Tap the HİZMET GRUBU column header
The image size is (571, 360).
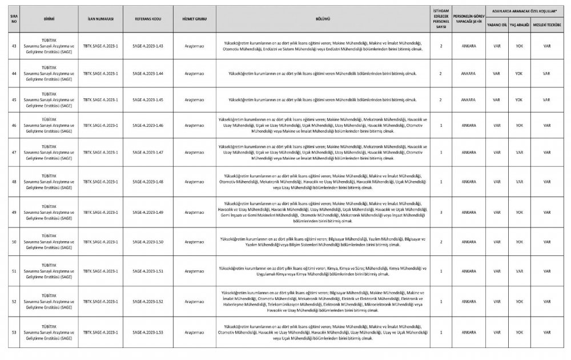coord(194,19)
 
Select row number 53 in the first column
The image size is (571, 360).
coord(14,331)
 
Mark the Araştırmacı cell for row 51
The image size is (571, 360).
coord(194,271)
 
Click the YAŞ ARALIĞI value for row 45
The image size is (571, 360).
coord(518,99)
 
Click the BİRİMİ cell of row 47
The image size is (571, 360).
coord(49,152)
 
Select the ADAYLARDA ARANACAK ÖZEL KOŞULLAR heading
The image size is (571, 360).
coord(520,11)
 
